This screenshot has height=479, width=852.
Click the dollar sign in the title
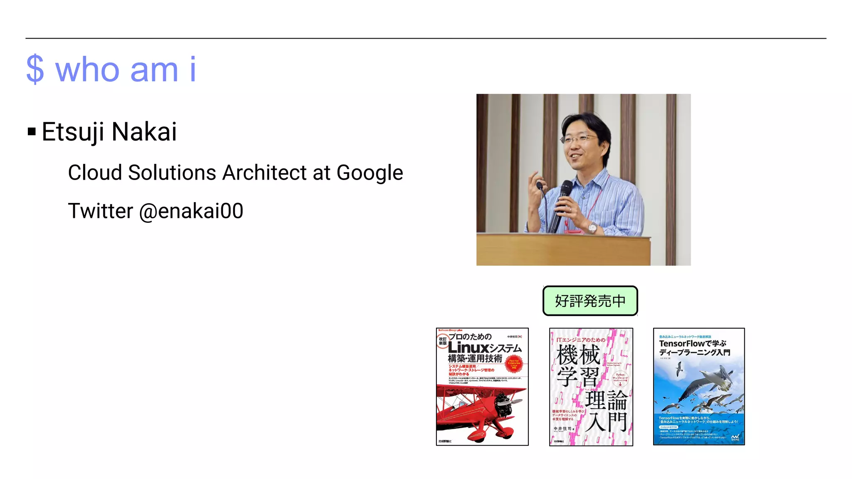(x=35, y=69)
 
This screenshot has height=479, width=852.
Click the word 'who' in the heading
(x=88, y=69)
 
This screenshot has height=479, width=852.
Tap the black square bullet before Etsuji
(x=32, y=132)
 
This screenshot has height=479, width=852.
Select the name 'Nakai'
(x=144, y=132)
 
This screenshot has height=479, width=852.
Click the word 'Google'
(x=369, y=173)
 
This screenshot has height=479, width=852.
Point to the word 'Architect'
(x=264, y=173)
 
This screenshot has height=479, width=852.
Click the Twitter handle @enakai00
(x=191, y=211)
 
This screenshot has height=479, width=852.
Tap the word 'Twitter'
(x=100, y=211)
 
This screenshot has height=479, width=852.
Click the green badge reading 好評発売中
(x=590, y=301)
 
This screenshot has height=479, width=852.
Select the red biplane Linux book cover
(x=482, y=387)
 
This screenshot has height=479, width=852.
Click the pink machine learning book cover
(x=591, y=387)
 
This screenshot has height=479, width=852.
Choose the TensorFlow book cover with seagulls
(x=699, y=387)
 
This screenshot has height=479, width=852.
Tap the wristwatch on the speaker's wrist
(x=592, y=227)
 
